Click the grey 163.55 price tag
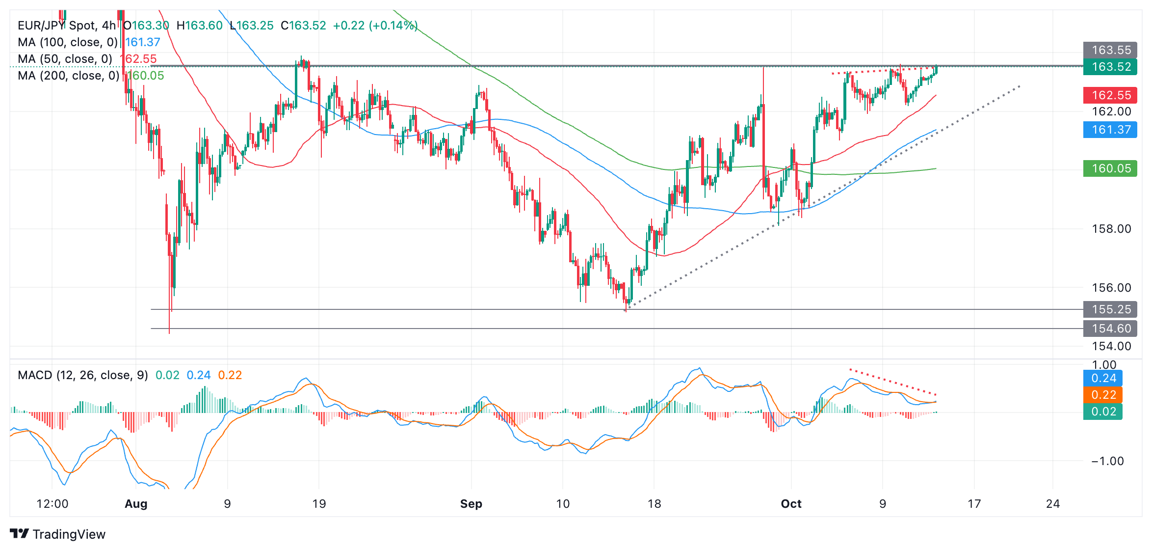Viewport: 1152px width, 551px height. [1110, 50]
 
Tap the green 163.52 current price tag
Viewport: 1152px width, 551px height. [1110, 67]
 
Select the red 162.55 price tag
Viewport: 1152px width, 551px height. [1110, 95]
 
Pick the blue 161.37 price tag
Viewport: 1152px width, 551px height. [1110, 130]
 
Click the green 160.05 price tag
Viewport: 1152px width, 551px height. [1110, 168]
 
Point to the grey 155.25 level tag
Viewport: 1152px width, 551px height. [1110, 309]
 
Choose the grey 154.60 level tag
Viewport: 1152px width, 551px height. [1110, 329]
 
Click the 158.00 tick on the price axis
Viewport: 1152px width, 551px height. [1111, 229]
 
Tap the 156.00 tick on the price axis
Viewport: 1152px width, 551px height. [1111, 288]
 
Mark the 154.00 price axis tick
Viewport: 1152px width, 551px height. [1111, 346]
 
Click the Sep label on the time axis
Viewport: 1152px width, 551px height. [471, 504]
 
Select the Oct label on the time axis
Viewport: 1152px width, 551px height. [791, 504]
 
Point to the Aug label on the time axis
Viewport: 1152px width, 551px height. [136, 504]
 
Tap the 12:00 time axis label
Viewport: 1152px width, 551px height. [52, 504]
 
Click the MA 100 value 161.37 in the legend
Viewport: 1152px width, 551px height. [143, 42]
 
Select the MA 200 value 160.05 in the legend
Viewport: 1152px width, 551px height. [146, 76]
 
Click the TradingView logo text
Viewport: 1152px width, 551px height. [69, 534]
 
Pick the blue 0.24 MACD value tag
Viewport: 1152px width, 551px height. [1103, 378]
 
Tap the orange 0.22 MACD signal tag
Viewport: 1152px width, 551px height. [1103, 395]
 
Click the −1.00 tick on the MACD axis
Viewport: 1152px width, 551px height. [1107, 461]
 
